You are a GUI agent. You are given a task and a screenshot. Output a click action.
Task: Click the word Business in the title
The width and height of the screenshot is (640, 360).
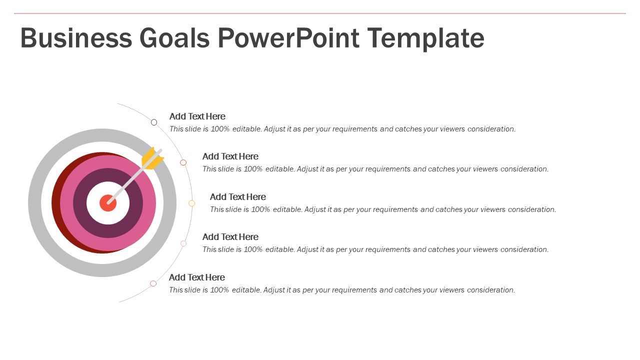pyautogui.click(x=76, y=38)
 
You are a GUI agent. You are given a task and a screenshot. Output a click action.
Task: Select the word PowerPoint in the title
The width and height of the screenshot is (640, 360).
pyautogui.click(x=288, y=38)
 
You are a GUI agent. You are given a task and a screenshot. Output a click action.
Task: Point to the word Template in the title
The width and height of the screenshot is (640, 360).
pyautogui.click(x=425, y=38)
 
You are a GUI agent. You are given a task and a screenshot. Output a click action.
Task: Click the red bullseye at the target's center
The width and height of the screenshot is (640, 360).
pyautogui.click(x=107, y=203)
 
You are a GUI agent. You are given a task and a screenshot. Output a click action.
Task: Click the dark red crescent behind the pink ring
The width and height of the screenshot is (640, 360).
pyautogui.click(x=56, y=203)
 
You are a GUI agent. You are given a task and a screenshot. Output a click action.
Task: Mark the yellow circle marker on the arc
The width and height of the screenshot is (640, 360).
pyautogui.click(x=191, y=203)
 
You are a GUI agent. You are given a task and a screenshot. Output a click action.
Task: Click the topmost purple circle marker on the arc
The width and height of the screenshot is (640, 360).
pyautogui.click(x=154, y=122)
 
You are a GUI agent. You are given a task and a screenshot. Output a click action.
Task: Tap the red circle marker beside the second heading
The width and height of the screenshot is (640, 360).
pyautogui.click(x=183, y=162)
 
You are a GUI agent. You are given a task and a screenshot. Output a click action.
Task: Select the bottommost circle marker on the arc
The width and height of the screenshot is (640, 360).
pyautogui.click(x=153, y=283)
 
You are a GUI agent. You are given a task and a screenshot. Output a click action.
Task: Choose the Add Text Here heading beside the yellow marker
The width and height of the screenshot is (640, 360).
pyautogui.click(x=237, y=197)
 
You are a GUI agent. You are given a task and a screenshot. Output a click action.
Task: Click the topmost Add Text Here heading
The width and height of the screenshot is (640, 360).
pyautogui.click(x=197, y=116)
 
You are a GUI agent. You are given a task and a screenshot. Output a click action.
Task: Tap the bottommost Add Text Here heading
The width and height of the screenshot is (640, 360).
pyautogui.click(x=197, y=277)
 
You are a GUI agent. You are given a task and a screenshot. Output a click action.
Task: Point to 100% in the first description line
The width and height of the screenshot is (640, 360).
pyautogui.click(x=219, y=129)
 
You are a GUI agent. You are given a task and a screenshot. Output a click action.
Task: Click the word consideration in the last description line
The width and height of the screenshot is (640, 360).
pyautogui.click(x=490, y=290)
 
